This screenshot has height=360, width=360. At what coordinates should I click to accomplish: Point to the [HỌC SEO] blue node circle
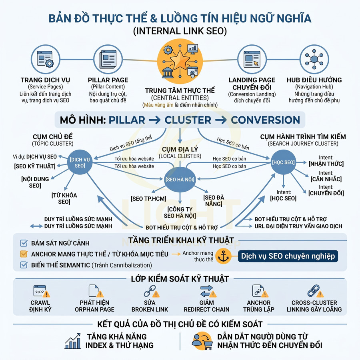pos(283,162)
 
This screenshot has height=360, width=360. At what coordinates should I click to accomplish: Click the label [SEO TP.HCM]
pos(146,198)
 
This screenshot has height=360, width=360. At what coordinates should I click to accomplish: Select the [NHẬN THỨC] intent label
pos(326,164)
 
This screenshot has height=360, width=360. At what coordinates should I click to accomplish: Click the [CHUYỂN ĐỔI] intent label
pos(326,193)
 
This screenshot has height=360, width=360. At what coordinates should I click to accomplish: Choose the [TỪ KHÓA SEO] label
pos(64,198)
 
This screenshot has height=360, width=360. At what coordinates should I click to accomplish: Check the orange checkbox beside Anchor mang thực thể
pos(24,254)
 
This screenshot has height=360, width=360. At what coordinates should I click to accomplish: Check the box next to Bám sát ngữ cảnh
pos(24,243)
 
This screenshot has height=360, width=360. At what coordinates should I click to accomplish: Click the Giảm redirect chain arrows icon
pos(206,291)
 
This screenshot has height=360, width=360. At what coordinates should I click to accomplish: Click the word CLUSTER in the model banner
pos(188,120)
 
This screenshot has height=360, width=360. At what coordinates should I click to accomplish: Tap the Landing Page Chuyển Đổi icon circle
pos(250,59)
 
